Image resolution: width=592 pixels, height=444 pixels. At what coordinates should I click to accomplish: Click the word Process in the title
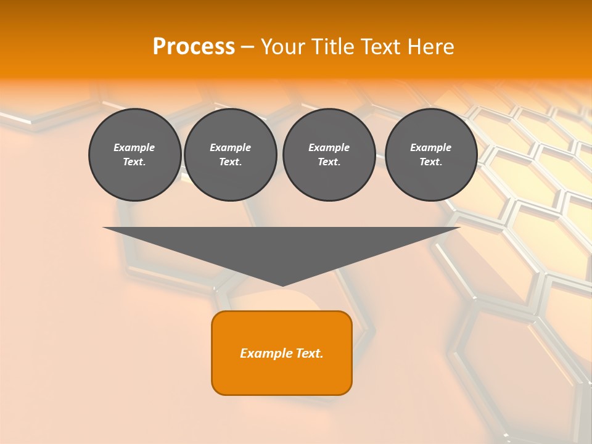click(194, 47)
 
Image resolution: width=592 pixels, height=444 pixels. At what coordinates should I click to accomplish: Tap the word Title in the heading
click(334, 47)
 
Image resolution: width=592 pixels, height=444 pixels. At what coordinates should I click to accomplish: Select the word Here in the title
click(432, 47)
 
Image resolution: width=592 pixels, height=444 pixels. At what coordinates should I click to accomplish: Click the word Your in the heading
click(282, 47)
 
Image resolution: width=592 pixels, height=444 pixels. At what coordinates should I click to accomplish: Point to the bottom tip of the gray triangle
click(282, 284)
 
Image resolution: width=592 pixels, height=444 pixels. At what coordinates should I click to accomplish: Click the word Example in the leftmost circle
click(134, 147)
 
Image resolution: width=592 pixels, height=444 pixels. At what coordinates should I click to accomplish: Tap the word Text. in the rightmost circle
click(430, 162)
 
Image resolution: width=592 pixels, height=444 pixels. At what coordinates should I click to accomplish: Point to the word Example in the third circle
click(329, 147)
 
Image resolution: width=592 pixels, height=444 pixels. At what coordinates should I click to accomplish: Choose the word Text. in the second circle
click(230, 162)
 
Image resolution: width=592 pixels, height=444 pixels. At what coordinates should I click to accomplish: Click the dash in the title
click(248, 47)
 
